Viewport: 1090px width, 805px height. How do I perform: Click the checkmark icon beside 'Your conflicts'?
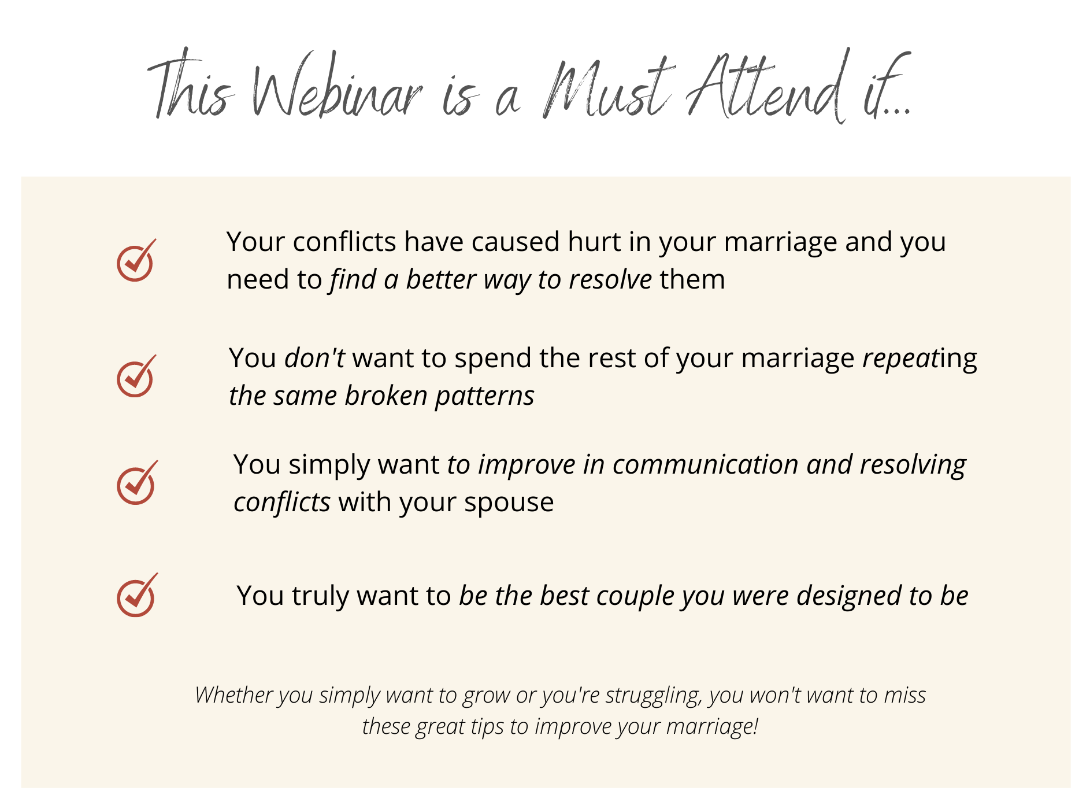[x=136, y=260]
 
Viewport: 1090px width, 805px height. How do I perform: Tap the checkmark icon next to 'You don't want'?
[x=136, y=376]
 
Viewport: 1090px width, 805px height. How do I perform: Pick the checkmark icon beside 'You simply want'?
[x=137, y=482]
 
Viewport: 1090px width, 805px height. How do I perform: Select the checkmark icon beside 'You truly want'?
[x=137, y=595]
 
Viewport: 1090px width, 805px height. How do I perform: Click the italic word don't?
[x=315, y=358]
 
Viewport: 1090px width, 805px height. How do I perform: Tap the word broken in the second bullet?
[x=386, y=396]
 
